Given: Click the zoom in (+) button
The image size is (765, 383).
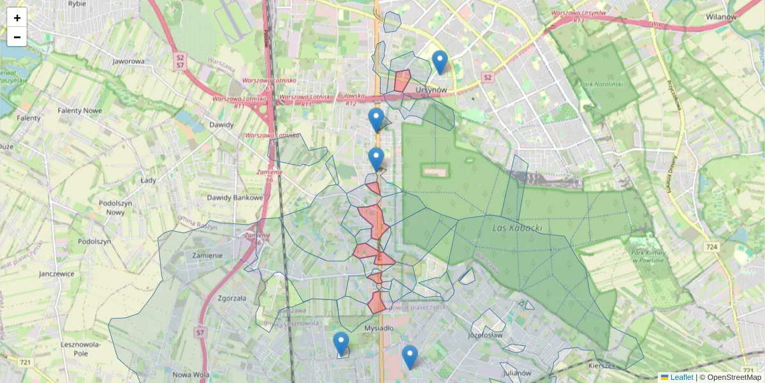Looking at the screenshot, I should pos(17,18).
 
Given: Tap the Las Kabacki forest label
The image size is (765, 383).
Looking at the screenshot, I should pos(517,227).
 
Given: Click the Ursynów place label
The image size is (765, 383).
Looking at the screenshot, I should pos(431,90).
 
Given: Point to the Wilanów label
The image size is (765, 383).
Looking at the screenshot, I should pos(721,17).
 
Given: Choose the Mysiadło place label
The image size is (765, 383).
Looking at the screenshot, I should pos(379,328).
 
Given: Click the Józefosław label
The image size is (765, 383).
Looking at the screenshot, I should pos(485,334).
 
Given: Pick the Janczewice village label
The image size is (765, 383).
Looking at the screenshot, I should pos(56,273).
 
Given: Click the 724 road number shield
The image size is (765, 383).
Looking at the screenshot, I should pos(713,246).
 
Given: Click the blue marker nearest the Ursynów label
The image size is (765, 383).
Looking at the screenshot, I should pos(439,63).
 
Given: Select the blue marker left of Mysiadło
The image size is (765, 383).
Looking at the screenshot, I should pos(341,343).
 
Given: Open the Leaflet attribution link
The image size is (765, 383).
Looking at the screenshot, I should pos(681,377).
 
